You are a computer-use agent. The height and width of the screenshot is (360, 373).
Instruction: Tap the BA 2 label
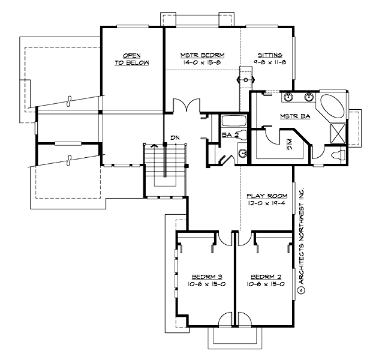click(230, 136)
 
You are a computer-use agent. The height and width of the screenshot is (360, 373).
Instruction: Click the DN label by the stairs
click(175, 138)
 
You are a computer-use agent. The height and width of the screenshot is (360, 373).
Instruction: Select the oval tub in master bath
click(330, 108)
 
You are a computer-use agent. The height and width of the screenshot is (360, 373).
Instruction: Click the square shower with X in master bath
click(338, 132)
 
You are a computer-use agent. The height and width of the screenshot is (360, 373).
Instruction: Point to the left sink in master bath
click(287, 97)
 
